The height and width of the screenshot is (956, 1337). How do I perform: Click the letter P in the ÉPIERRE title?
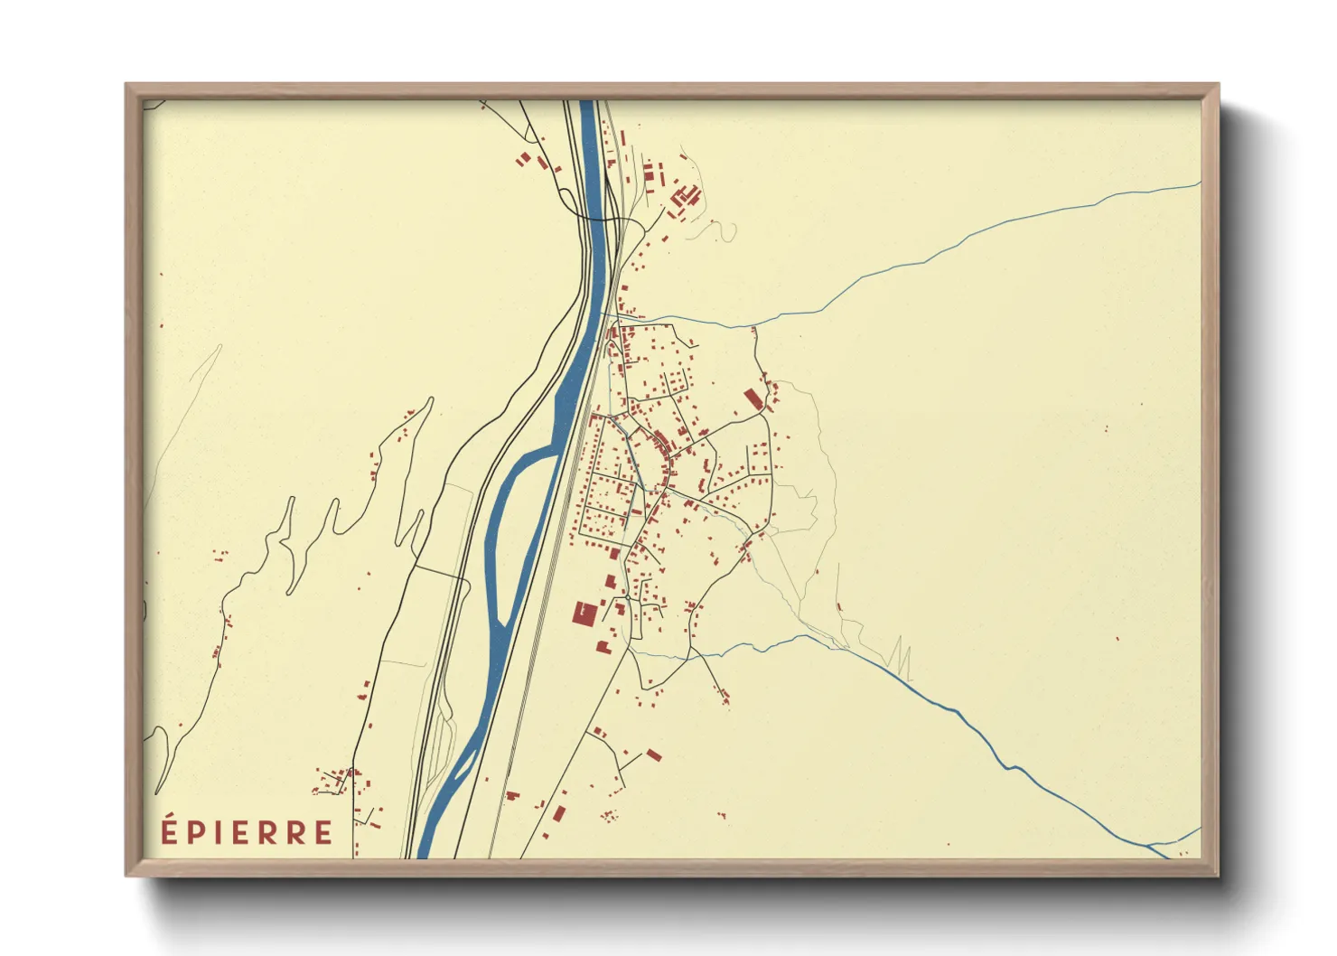click(196, 833)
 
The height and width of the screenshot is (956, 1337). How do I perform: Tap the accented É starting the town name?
click(169, 830)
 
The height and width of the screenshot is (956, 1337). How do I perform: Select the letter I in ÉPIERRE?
click(218, 833)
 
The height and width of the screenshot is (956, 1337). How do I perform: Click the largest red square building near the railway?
click(584, 614)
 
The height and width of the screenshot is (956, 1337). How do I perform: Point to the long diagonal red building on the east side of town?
click(752, 399)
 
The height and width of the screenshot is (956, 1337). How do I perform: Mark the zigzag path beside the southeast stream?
click(900, 660)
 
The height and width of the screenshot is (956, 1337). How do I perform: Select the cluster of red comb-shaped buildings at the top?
click(684, 197)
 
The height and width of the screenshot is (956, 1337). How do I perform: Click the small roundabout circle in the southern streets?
click(627, 597)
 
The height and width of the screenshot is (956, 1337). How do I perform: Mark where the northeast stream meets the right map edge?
click(1199, 183)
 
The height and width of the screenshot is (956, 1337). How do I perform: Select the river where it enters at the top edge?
click(586, 102)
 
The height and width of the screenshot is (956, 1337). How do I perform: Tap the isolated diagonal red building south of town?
click(653, 754)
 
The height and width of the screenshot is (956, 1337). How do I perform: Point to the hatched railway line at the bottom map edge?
click(492, 855)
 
